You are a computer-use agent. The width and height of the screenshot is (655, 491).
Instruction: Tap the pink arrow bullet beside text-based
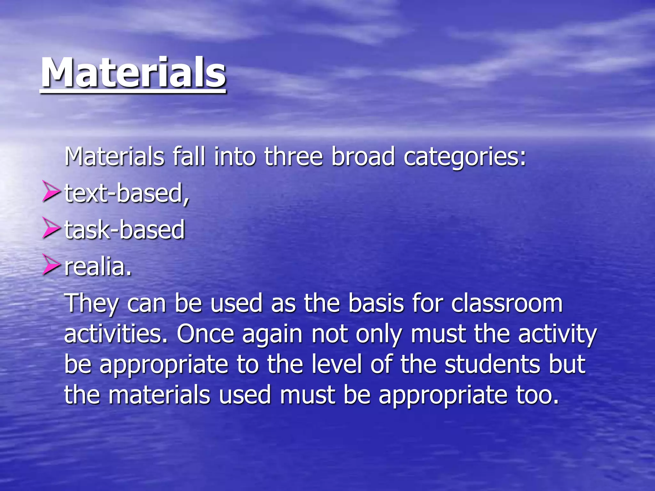click(51, 191)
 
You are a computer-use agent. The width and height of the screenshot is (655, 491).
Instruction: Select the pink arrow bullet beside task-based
click(51, 228)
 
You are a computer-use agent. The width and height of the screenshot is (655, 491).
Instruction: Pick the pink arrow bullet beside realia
click(51, 265)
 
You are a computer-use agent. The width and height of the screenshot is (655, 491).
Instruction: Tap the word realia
click(98, 267)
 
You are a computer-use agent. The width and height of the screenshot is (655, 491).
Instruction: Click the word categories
click(464, 157)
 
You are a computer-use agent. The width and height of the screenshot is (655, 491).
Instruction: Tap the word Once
click(205, 334)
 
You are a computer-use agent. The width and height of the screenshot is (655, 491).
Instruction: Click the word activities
click(115, 334)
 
